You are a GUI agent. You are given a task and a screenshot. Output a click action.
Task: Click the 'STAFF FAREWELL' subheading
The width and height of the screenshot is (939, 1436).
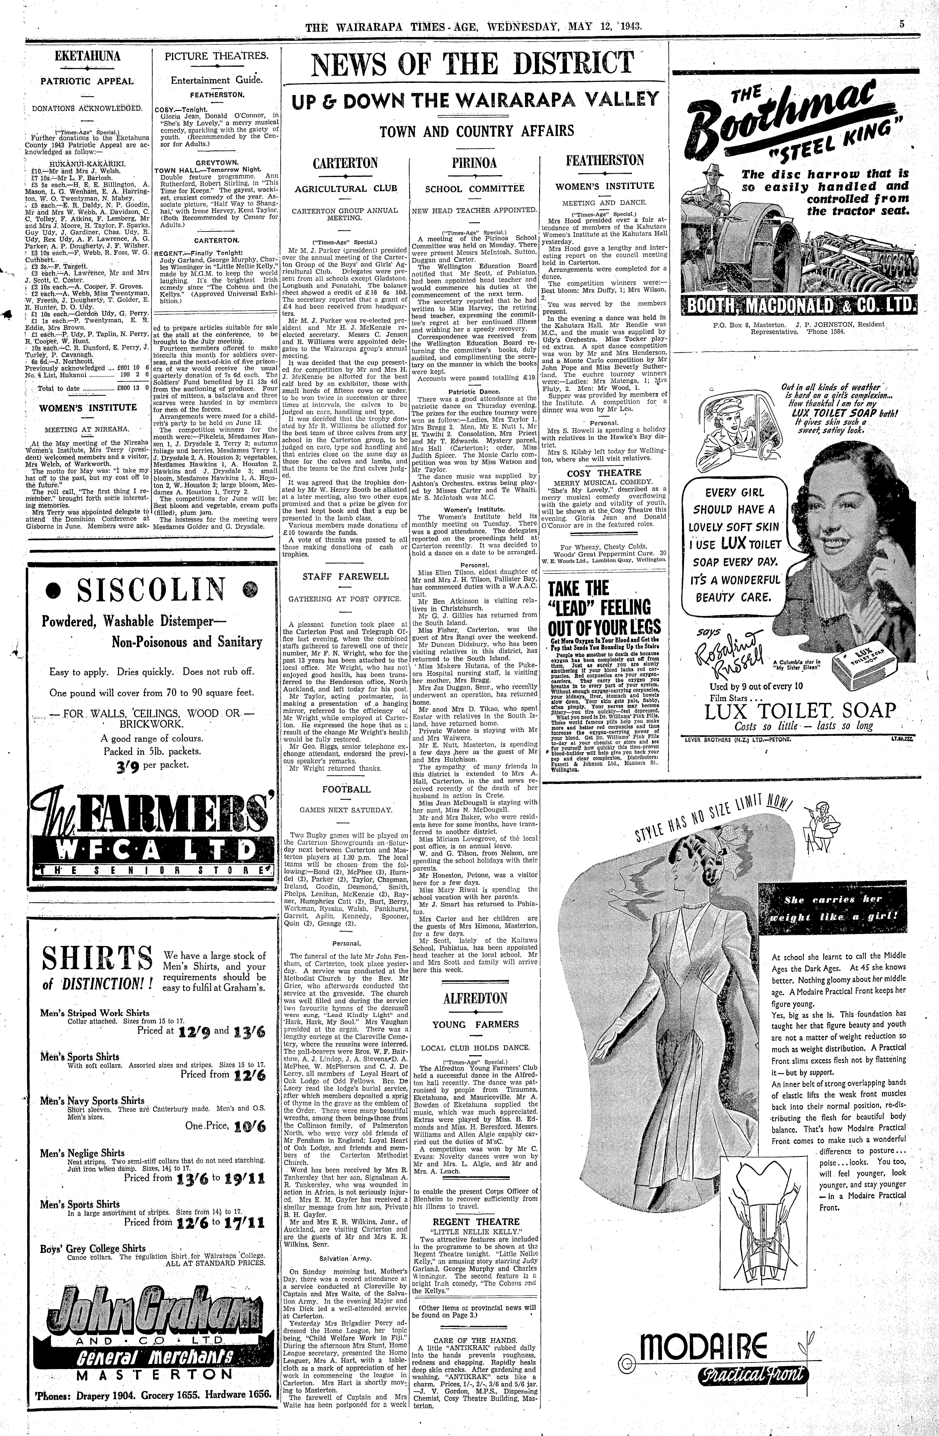[x=345, y=576]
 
